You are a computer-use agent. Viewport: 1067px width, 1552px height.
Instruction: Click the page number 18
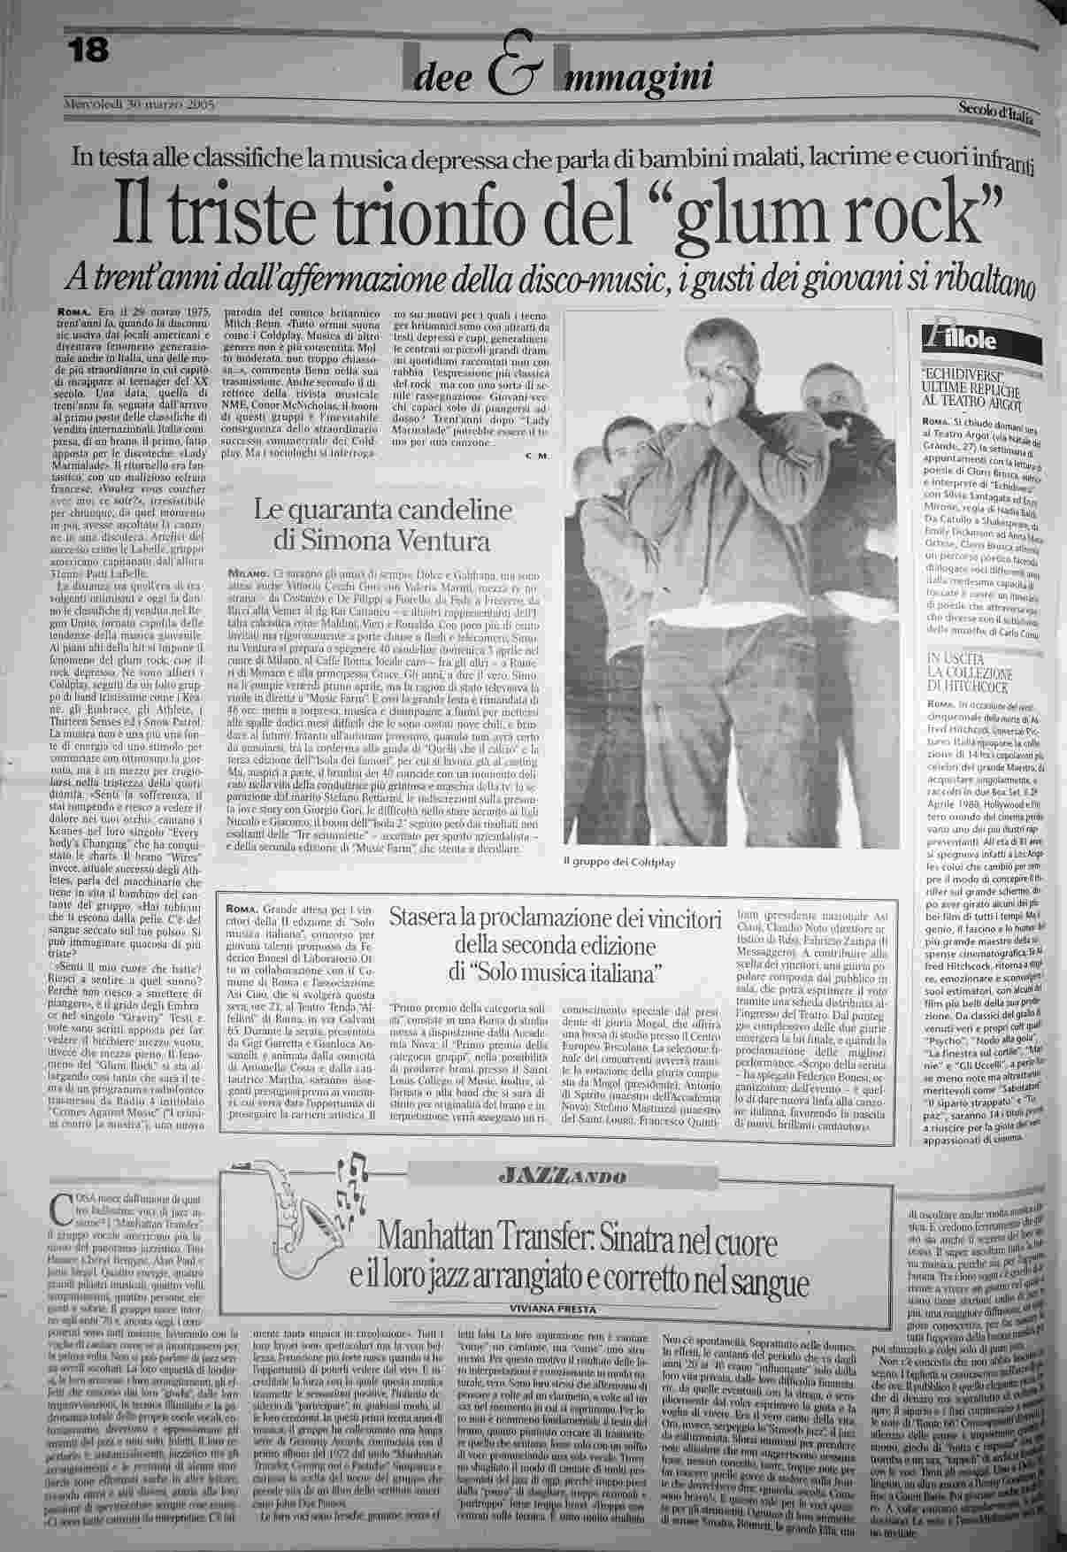pyautogui.click(x=88, y=50)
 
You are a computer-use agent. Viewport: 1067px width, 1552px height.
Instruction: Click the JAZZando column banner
pyautogui.click(x=562, y=1175)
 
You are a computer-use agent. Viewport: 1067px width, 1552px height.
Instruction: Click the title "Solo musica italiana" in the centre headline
pyautogui.click(x=556, y=973)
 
